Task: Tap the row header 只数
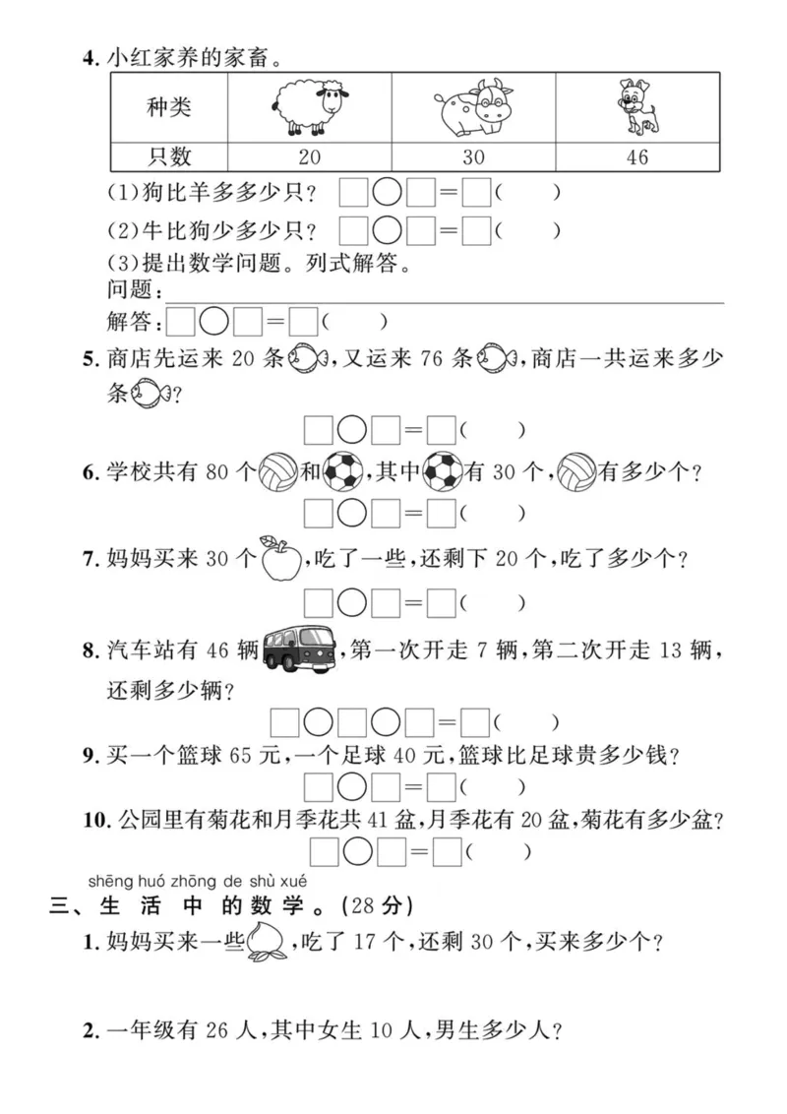point(169,156)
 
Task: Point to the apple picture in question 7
point(278,559)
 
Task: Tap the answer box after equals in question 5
point(441,430)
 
